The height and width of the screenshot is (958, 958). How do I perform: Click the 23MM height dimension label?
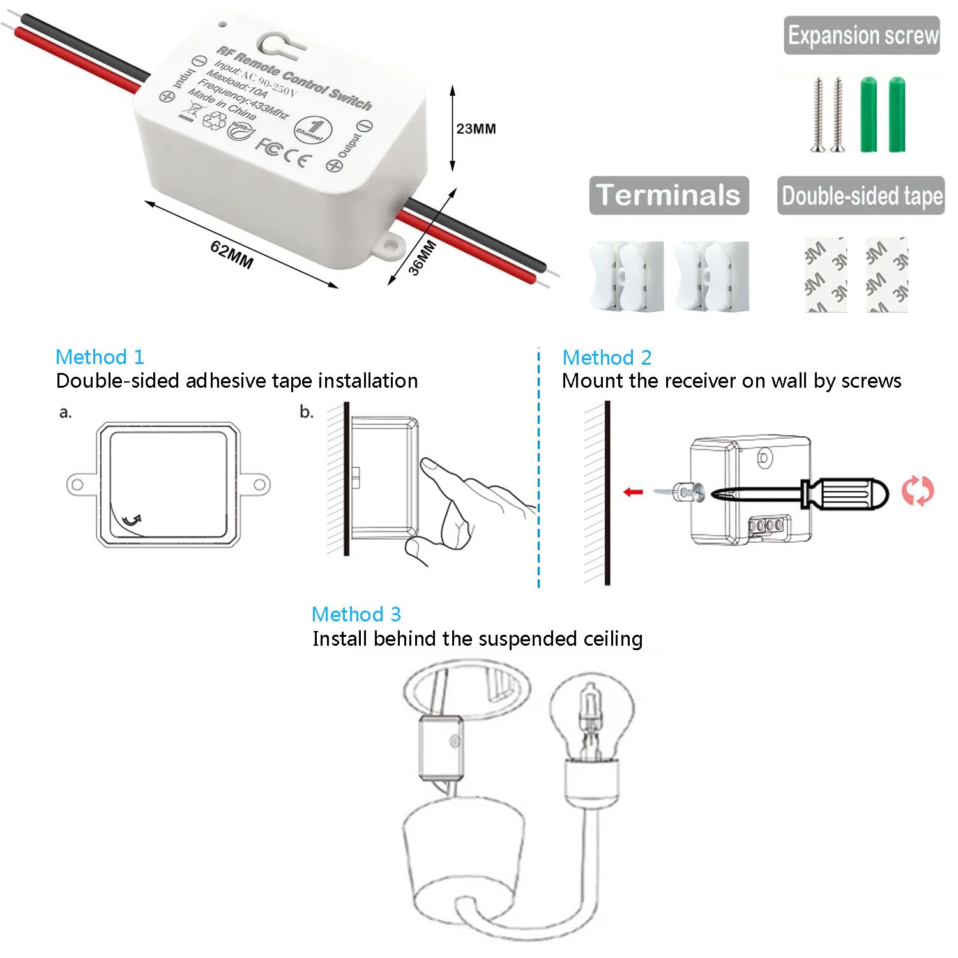(x=476, y=129)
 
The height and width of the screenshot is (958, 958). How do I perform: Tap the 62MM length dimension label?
(x=231, y=254)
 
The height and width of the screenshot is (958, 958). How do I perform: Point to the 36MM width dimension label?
(x=422, y=257)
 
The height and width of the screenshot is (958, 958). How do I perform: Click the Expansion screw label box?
(x=862, y=36)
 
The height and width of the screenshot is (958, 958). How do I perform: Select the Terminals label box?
(x=668, y=195)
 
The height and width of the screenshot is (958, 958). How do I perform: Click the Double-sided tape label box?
(x=861, y=195)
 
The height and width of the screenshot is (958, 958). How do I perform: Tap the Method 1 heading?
(x=100, y=356)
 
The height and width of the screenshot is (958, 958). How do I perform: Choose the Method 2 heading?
(x=607, y=357)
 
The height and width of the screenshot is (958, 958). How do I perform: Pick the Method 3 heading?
(x=356, y=614)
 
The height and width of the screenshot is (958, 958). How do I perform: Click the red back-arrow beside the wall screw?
(x=633, y=492)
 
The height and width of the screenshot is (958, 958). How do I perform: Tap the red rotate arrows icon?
(x=917, y=490)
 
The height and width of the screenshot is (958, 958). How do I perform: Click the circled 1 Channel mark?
(x=310, y=128)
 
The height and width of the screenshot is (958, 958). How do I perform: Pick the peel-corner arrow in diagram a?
(x=132, y=521)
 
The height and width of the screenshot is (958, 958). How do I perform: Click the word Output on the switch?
(x=349, y=146)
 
